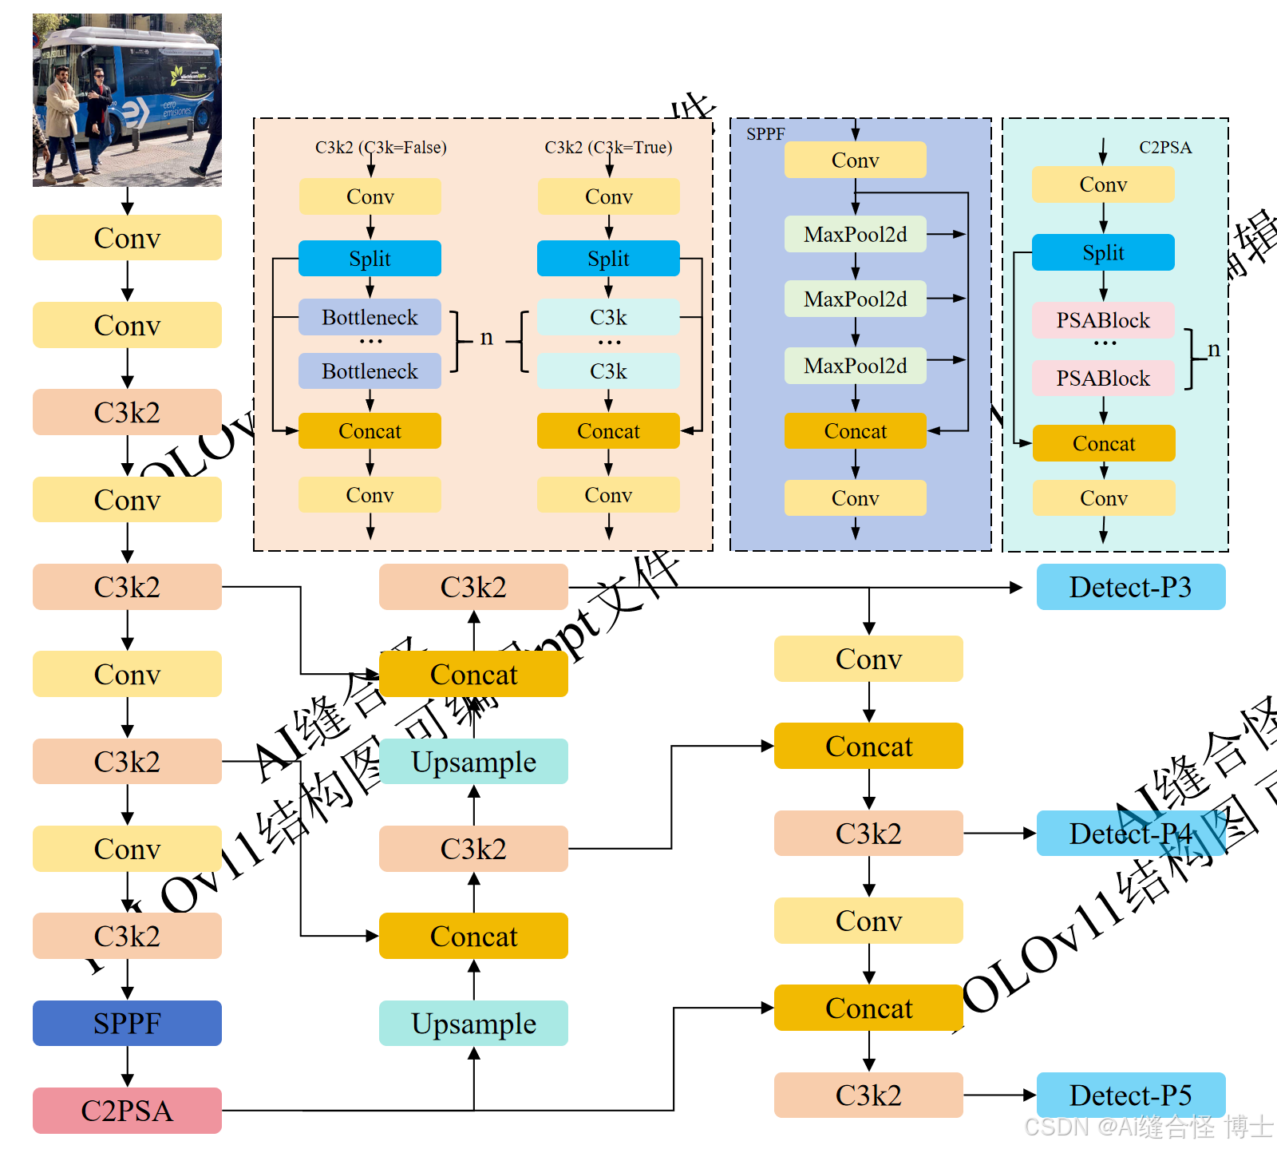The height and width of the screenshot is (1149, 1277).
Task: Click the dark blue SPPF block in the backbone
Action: coord(127,1023)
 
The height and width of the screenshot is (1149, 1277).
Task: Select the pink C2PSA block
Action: coord(127,1110)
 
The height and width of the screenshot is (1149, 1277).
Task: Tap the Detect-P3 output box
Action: coord(1130,587)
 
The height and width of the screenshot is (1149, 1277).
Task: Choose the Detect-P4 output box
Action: coord(1130,833)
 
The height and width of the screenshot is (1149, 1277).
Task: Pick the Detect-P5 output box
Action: coord(1130,1095)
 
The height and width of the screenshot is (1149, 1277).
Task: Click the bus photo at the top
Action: coord(127,100)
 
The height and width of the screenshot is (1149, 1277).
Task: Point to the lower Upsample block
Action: coord(473,1023)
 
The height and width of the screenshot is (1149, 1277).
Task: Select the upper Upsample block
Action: coord(473,761)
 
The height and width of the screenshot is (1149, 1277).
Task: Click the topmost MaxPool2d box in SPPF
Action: coord(855,234)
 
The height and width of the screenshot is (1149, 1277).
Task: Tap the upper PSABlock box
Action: coord(1103,319)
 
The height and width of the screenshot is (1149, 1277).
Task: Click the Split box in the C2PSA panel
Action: coord(1103,252)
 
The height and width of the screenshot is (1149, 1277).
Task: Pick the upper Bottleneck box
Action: coord(370,317)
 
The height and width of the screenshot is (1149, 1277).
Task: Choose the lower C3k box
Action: coord(608,371)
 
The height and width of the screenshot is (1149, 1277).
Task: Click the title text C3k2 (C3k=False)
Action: coord(381,147)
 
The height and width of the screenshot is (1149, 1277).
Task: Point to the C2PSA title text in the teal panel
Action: coord(1165,147)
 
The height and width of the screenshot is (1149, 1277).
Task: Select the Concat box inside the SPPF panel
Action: coord(855,431)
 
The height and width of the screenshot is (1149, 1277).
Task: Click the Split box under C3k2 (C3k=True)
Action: coord(608,259)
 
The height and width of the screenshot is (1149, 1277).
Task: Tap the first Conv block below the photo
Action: coord(127,237)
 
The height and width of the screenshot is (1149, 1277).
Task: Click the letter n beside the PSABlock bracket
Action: coord(1213,349)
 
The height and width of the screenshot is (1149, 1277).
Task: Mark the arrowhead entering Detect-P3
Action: coord(1017,588)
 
